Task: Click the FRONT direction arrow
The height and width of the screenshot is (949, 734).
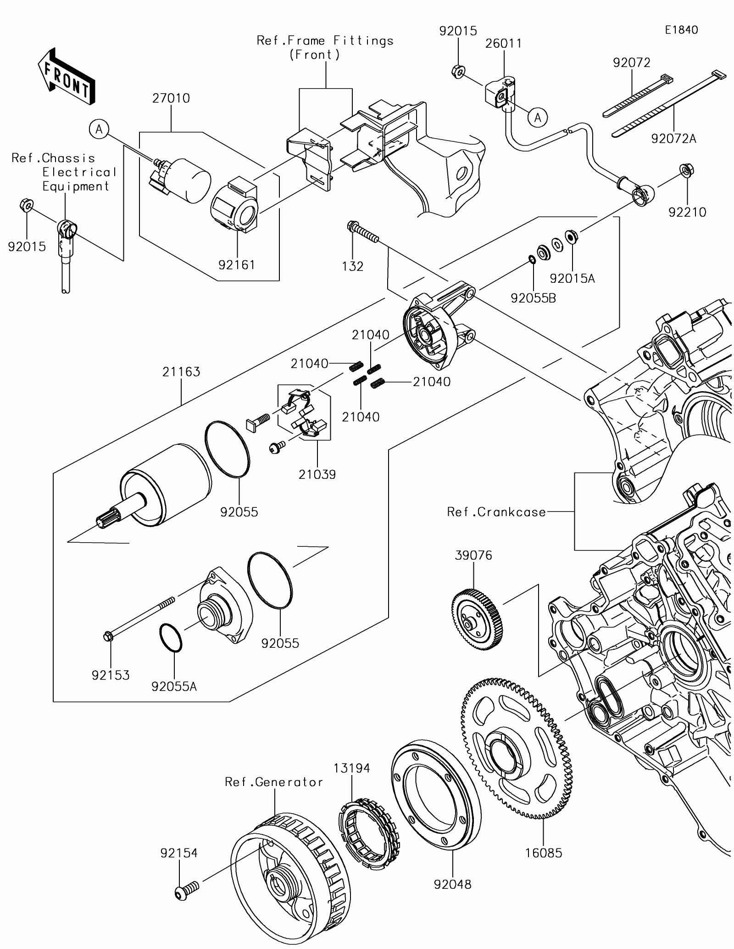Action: tap(67, 76)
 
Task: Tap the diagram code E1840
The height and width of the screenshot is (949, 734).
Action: tap(682, 30)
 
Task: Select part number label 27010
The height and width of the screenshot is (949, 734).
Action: tap(171, 98)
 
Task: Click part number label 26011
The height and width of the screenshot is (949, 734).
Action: tap(504, 43)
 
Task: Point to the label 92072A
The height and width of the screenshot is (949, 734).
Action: tap(673, 138)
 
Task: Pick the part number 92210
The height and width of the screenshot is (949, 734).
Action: tap(687, 212)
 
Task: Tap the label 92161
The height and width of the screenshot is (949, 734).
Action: tap(236, 265)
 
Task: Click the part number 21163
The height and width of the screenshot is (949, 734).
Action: tap(181, 371)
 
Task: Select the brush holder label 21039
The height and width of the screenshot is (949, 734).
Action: tap(317, 474)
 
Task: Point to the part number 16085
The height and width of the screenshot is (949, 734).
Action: tap(544, 853)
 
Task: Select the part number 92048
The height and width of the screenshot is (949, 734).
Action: tap(453, 884)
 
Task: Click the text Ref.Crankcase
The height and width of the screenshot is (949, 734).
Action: tap(496, 512)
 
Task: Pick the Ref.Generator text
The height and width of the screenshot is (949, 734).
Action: tap(274, 782)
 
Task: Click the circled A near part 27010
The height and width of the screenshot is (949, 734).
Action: tap(99, 130)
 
